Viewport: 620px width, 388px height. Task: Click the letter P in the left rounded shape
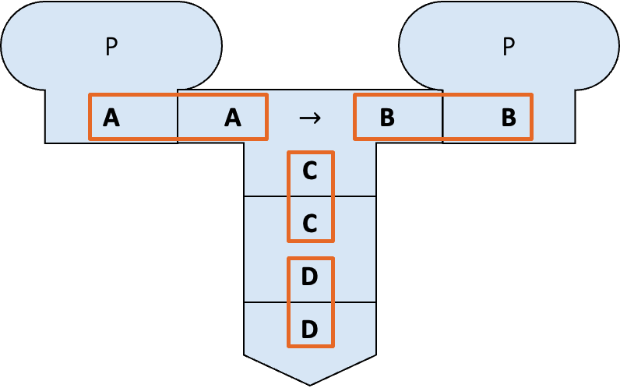[112, 48]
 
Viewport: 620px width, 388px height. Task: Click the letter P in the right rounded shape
[509, 48]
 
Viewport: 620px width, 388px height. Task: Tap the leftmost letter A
[111, 118]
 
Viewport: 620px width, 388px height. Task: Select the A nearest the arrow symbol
[232, 118]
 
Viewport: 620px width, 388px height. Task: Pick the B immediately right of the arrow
[387, 118]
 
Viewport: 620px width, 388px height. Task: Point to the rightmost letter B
[509, 118]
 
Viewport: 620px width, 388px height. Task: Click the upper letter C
[310, 171]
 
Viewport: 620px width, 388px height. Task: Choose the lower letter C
[310, 224]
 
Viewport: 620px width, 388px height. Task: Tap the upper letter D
[310, 277]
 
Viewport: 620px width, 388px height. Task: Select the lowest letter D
[310, 330]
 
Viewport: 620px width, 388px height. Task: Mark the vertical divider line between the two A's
[178, 117]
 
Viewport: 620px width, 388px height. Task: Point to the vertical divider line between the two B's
[443, 117]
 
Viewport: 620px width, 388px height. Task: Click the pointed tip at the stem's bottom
[310, 381]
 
